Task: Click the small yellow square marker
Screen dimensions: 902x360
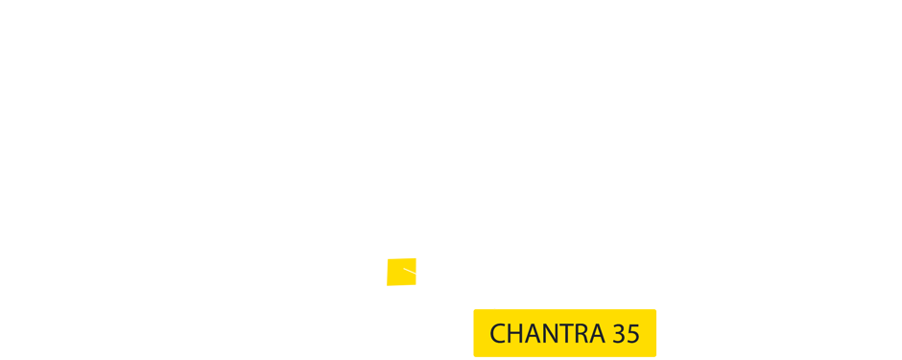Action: click(x=401, y=272)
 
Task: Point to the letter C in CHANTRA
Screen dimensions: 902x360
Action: click(x=498, y=334)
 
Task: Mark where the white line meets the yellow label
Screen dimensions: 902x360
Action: click(x=495, y=308)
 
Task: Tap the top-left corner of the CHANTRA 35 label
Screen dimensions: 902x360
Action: click(x=474, y=309)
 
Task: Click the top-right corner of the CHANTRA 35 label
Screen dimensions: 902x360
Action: click(x=656, y=309)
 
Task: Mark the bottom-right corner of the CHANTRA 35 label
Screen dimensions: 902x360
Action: click(x=656, y=357)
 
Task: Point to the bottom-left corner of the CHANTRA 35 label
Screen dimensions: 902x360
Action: click(x=474, y=357)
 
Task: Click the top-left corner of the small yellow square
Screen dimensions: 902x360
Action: click(x=388, y=259)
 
